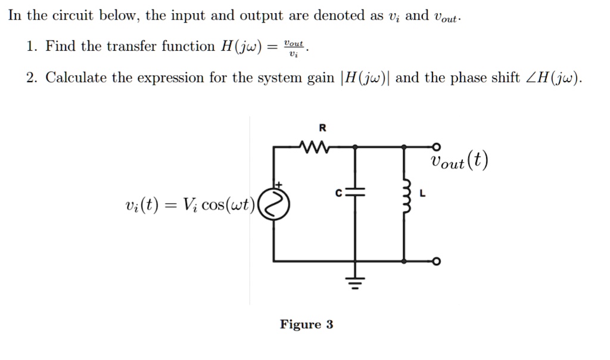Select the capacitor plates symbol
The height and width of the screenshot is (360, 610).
coord(356,194)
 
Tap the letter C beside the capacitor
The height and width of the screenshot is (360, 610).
coord(338,193)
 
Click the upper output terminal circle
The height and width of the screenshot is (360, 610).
coord(437,145)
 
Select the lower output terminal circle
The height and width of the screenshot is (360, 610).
coord(437,261)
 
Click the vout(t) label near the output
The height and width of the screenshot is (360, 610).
coord(459,161)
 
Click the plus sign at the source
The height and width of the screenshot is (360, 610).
coord(276,187)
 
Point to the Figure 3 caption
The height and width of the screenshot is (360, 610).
coord(306,325)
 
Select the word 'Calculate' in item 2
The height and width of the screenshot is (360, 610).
coord(74,78)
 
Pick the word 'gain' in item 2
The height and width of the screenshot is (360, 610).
coord(320,78)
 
